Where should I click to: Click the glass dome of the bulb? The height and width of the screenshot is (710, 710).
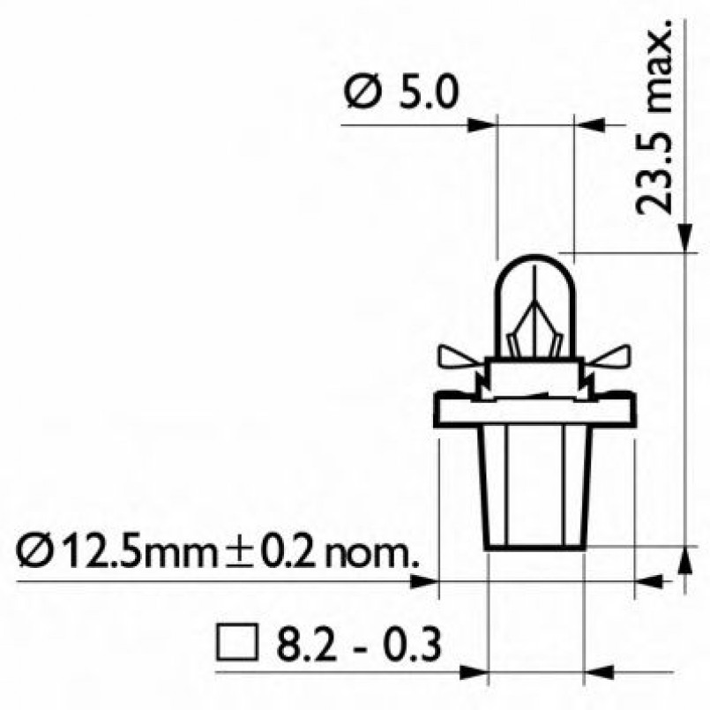(535, 291)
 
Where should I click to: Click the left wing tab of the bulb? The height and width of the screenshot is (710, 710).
(461, 356)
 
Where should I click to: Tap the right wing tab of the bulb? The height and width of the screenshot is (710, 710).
(609, 356)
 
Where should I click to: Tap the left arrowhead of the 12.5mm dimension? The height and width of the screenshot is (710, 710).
(425, 580)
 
